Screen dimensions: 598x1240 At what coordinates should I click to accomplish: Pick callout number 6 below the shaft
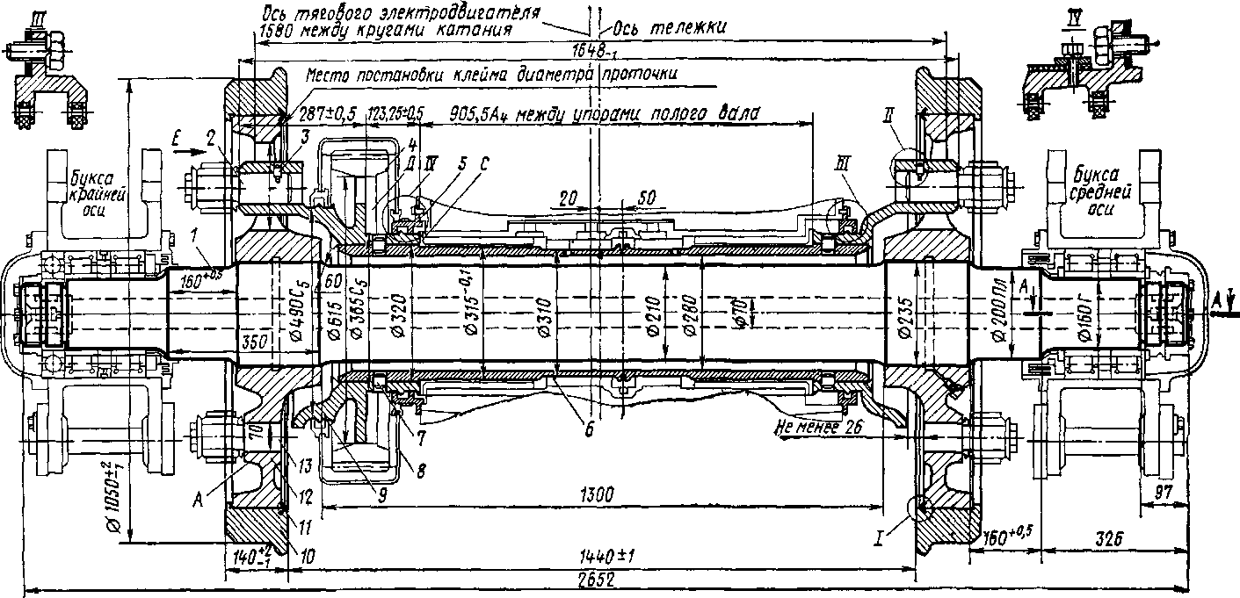[x=591, y=430]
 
